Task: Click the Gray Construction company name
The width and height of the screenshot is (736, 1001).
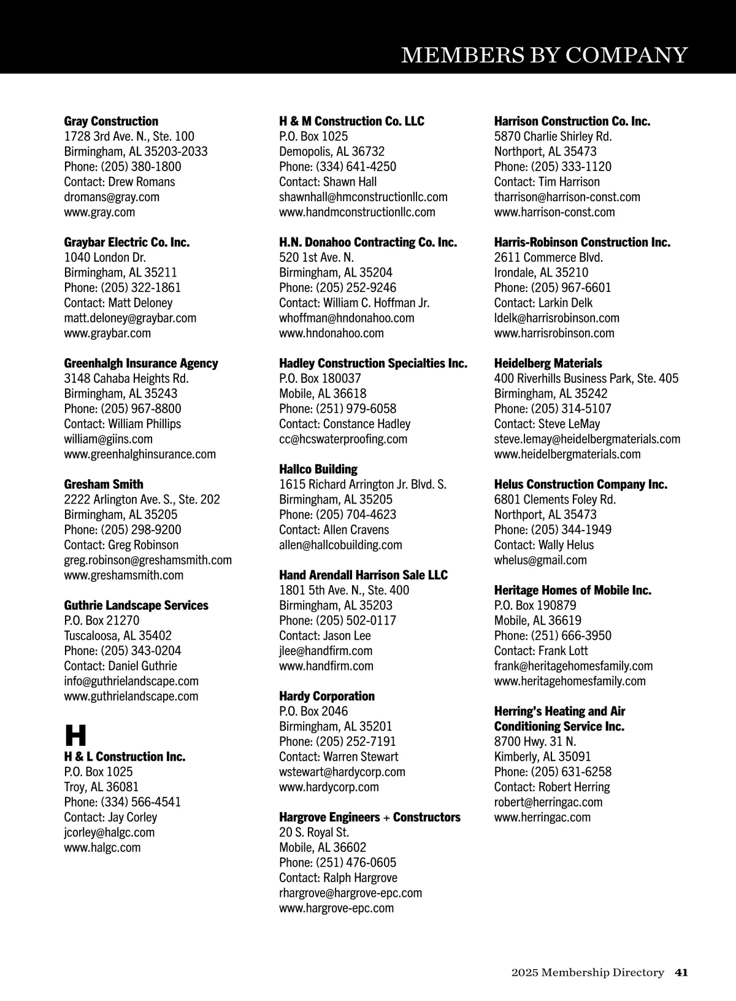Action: (x=111, y=121)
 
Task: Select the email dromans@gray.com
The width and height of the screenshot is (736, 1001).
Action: (x=112, y=197)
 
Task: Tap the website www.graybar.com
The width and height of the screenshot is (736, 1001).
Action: (x=107, y=333)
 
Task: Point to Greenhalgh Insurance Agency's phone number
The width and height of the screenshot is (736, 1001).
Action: (x=123, y=408)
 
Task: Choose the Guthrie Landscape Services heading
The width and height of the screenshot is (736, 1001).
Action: (x=136, y=605)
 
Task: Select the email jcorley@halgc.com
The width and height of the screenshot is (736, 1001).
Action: (x=109, y=832)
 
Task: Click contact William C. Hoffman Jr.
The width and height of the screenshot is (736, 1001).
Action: (x=354, y=303)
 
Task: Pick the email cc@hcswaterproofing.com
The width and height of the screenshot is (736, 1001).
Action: (x=343, y=439)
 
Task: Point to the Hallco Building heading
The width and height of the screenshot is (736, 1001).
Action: (x=318, y=469)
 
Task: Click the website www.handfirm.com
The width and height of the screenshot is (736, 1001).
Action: (x=326, y=666)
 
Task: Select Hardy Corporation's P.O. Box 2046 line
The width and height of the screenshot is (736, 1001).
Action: (x=313, y=711)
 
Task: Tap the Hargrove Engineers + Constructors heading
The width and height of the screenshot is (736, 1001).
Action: (x=369, y=818)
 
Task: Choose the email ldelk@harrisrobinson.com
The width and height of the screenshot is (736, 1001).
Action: (x=556, y=318)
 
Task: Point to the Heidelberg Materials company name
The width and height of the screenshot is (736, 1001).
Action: (x=548, y=364)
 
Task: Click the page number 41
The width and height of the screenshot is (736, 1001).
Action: (x=681, y=972)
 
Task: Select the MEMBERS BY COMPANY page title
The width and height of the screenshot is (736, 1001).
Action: (x=544, y=55)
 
